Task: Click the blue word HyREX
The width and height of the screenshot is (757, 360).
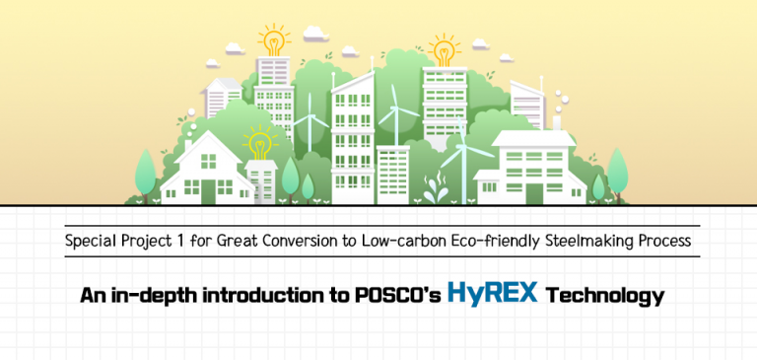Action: [x=492, y=293]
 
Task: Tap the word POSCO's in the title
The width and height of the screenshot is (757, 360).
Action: [x=398, y=295]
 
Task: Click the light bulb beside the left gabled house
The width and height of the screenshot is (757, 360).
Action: [x=259, y=145]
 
